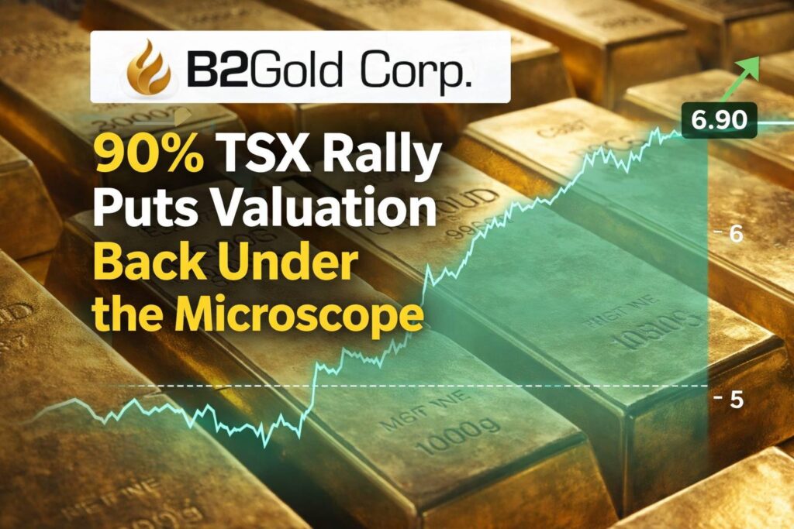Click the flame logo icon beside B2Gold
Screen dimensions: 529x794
tap(147, 66)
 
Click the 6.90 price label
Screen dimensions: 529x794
tap(720, 120)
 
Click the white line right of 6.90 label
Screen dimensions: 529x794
tap(775, 122)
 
